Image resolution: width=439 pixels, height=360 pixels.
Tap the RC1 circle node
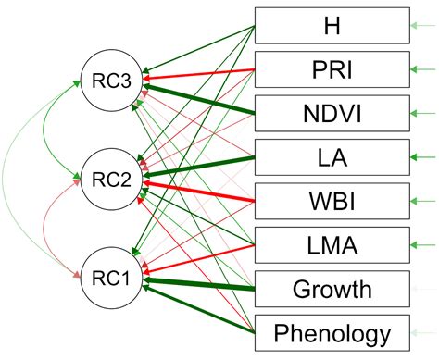(109, 276)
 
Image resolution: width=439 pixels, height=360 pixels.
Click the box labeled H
(332, 25)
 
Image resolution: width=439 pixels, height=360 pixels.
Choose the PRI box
(332, 68)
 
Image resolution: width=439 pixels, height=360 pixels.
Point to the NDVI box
(332, 113)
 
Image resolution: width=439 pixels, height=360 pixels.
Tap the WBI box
(332, 201)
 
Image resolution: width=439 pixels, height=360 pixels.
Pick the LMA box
(332, 244)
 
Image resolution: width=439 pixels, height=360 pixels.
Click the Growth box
(332, 289)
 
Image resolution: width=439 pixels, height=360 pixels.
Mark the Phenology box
(332, 332)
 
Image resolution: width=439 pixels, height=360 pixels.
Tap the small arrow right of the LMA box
(425, 244)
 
